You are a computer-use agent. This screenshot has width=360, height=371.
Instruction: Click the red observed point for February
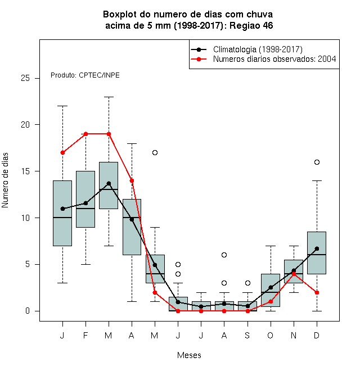point(85,134)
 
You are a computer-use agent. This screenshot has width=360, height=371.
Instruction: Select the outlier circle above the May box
point(155,152)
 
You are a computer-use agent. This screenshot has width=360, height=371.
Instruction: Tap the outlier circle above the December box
point(317,162)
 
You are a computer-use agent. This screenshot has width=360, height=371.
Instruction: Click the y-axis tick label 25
point(25,78)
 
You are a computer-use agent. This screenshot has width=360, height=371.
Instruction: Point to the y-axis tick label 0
point(28,311)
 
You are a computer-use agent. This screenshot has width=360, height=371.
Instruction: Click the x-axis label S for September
point(247,335)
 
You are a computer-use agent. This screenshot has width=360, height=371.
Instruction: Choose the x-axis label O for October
point(270,335)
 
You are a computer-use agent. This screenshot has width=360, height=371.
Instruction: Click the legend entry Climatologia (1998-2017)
point(258,49)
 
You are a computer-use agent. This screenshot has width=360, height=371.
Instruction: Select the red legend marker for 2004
point(199,59)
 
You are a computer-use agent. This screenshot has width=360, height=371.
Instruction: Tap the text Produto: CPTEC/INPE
point(85,75)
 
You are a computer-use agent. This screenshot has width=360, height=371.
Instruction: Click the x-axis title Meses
point(189,355)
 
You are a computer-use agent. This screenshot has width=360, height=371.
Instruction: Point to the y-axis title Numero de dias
point(5,180)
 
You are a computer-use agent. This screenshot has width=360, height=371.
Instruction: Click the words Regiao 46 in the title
point(251,25)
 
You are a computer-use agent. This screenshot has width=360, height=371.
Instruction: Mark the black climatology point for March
point(109,183)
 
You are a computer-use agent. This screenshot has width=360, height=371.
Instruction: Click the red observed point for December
point(317,292)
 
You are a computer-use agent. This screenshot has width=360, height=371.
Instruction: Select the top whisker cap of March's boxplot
point(109,97)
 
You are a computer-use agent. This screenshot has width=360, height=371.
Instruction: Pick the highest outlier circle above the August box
point(224,255)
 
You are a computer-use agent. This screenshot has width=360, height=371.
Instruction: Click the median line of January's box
point(62,218)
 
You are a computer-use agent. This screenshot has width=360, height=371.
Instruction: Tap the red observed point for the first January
point(62,152)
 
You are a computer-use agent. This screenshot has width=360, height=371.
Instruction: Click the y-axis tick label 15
point(25,171)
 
